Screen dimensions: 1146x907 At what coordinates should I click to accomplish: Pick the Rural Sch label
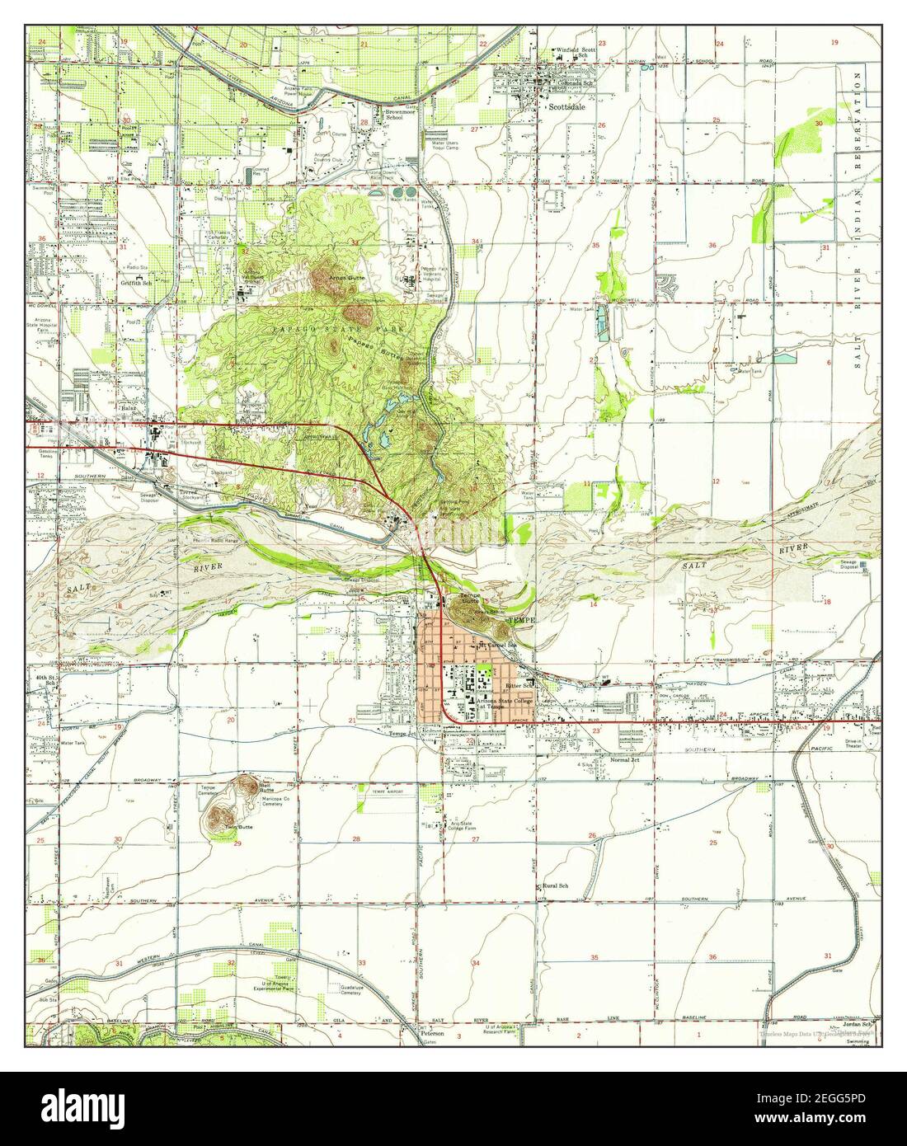coord(554,886)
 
